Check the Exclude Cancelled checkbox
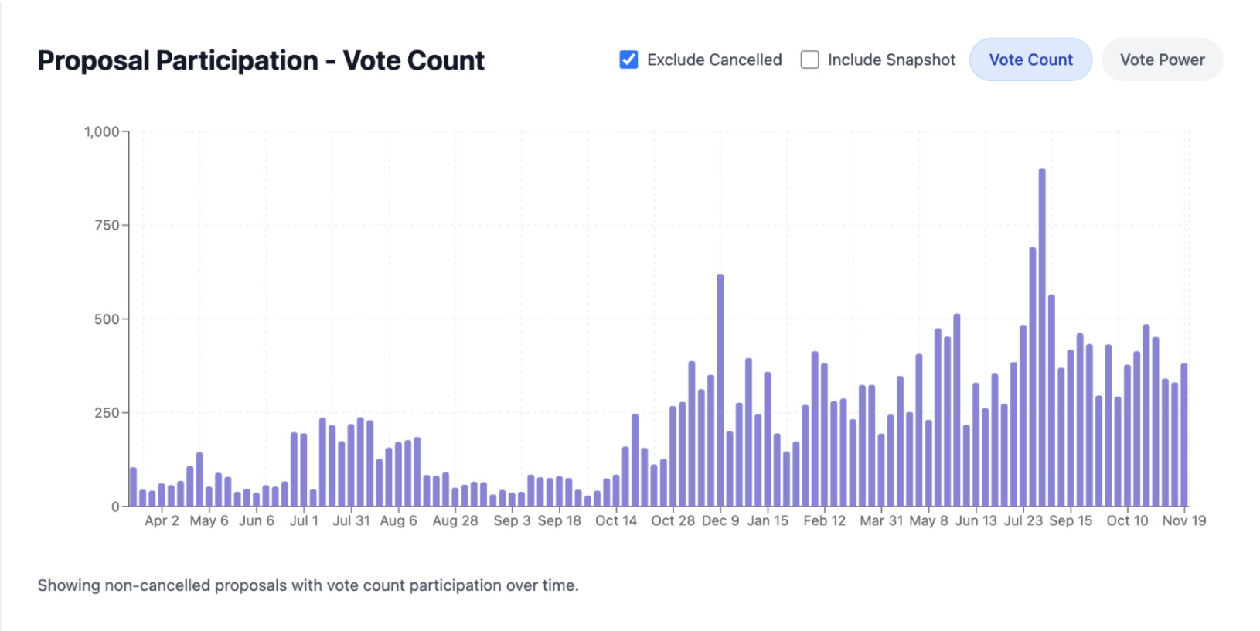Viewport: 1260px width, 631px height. tap(629, 60)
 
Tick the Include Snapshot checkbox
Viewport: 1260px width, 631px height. tap(810, 60)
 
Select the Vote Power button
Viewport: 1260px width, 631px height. tap(1162, 60)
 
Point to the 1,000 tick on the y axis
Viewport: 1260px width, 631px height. tap(101, 132)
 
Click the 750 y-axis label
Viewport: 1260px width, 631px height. tap(107, 226)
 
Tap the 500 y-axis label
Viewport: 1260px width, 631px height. tap(107, 319)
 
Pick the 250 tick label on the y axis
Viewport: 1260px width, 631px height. tap(107, 413)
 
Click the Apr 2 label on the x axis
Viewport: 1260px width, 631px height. tap(162, 521)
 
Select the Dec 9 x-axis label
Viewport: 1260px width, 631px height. tap(720, 521)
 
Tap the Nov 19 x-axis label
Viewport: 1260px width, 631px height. tap(1183, 521)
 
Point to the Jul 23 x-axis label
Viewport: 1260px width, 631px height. tap(1023, 521)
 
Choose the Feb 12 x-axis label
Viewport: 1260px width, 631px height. tap(825, 521)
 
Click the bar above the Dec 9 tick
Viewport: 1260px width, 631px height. tap(720, 391)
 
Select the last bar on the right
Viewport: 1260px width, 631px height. tap(1184, 435)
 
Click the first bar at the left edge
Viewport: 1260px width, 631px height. tap(133, 487)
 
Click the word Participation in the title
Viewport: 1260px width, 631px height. tap(237, 60)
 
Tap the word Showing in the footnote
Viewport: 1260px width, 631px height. tap(69, 585)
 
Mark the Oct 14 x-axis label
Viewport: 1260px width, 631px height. tap(616, 521)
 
